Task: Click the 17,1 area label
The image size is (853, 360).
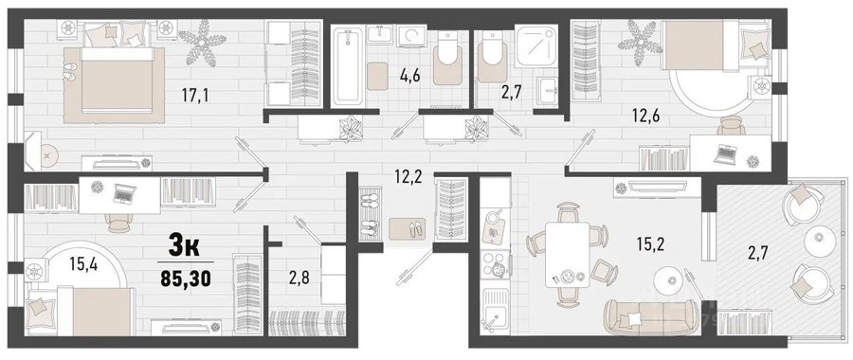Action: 195,97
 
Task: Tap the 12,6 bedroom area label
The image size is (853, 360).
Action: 645,117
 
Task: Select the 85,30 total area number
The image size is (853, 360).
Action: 186,279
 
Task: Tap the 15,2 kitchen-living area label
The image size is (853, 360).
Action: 650,244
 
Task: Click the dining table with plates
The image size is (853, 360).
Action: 567,256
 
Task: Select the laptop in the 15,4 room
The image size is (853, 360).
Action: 124,191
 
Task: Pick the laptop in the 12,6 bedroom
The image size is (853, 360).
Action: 725,153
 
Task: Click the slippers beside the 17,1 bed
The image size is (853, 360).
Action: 71,72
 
